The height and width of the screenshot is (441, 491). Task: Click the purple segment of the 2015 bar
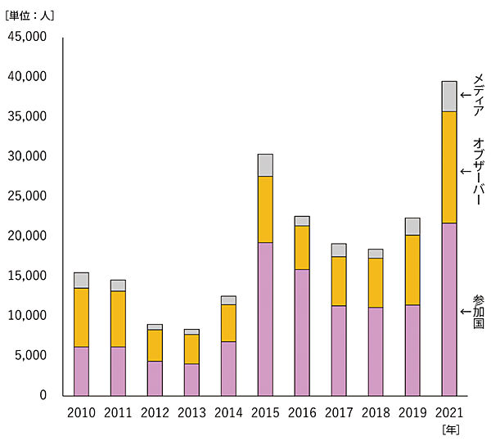[x=265, y=319]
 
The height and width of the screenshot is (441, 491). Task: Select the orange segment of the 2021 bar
[x=449, y=167]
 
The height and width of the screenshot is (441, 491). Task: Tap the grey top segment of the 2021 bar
[x=449, y=97]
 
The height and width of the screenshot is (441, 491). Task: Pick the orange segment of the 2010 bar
[x=81, y=317]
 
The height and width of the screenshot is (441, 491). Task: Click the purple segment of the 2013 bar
[x=191, y=380]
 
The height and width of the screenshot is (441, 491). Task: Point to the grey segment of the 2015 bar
[x=265, y=165]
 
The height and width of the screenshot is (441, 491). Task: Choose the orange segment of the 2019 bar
[x=412, y=270]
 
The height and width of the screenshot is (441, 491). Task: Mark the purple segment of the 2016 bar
[x=302, y=332]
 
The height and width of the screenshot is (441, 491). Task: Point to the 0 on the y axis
[x=43, y=396]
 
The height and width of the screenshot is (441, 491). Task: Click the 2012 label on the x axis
[x=155, y=412]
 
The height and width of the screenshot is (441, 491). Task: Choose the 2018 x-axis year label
[x=376, y=412]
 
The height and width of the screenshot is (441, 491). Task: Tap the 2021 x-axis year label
[x=449, y=412]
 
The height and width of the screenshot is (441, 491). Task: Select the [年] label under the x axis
[x=450, y=429]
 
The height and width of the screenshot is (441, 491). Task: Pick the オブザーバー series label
[x=479, y=171]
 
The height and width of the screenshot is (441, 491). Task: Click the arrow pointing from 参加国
[x=466, y=312]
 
